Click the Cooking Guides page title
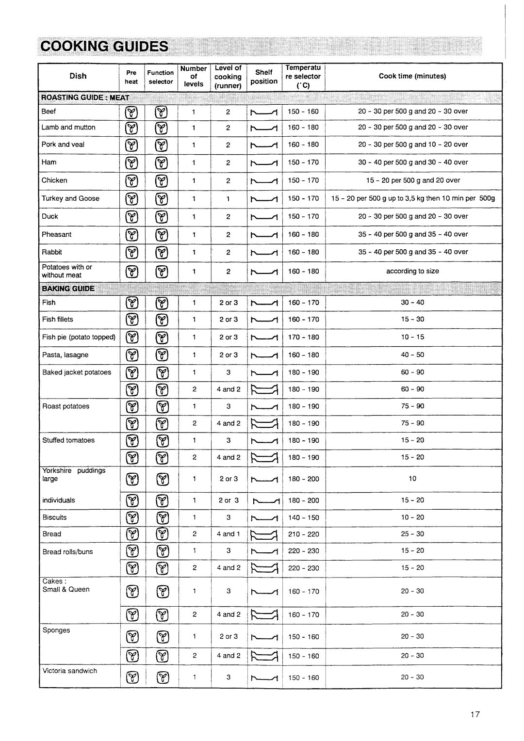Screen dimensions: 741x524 tap(104, 47)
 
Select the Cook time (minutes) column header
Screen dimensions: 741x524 tap(412, 76)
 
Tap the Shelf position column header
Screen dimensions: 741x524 tap(264, 77)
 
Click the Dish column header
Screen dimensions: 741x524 tap(78, 76)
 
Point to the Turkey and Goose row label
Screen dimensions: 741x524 tap(70, 198)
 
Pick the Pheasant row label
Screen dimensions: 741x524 tap(56, 234)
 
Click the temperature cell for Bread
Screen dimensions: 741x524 tap(304, 534)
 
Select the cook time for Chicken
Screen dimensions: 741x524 tap(413, 180)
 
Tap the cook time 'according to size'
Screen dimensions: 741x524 tap(412, 271)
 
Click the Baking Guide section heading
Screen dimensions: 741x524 tap(68, 289)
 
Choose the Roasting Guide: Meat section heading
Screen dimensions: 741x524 tap(85, 97)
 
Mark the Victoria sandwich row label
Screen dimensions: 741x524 tap(70, 671)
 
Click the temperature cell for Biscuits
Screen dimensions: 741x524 tap(304, 517)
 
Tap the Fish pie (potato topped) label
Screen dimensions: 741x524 tap(79, 337)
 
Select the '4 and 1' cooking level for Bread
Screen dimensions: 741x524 tap(229, 534)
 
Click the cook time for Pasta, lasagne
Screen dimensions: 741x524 tap(412, 354)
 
